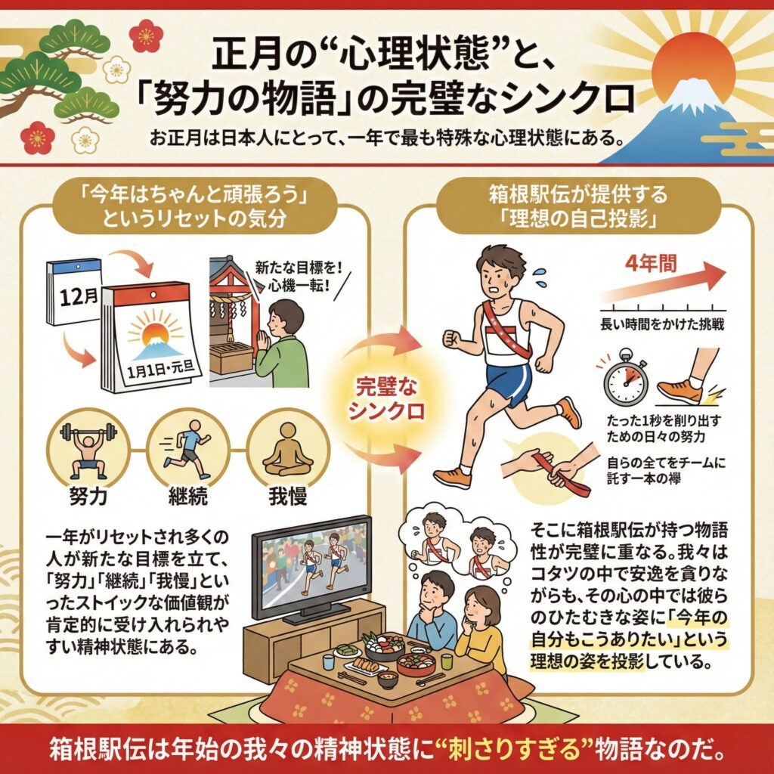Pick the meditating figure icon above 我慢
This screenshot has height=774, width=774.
(288, 448)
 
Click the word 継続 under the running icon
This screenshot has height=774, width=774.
(187, 496)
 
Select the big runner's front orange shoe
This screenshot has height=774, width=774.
(452, 478)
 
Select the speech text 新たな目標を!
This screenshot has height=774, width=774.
(299, 268)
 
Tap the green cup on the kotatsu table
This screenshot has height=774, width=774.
(447, 661)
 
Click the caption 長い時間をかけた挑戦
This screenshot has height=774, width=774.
(662, 324)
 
